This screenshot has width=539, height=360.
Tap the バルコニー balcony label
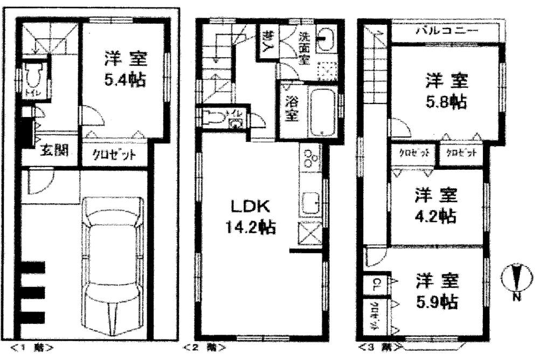point(447,32)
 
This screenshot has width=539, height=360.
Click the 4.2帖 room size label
point(436,216)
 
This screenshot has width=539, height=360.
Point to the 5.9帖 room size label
point(437,302)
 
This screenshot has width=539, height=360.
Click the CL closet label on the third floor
point(375,282)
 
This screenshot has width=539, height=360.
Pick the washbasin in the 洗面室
point(326,38)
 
